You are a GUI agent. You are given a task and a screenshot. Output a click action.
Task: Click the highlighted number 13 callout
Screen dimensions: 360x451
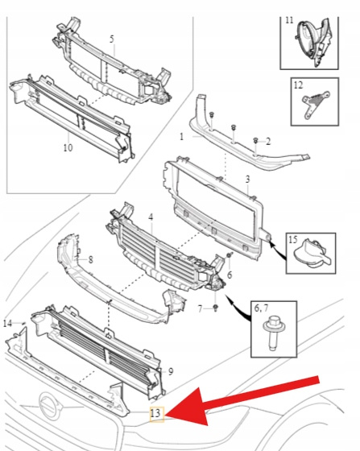click(x=157, y=414)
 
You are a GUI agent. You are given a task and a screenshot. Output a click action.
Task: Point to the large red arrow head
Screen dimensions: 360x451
click(x=190, y=408)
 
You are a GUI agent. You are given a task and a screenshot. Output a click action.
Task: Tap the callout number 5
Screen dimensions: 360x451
click(x=112, y=39)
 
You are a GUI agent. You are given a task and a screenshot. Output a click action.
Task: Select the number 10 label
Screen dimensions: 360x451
click(x=68, y=148)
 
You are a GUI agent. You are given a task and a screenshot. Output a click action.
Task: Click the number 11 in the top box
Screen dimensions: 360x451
click(x=289, y=20)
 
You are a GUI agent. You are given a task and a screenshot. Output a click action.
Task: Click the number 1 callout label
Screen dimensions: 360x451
click(x=181, y=137)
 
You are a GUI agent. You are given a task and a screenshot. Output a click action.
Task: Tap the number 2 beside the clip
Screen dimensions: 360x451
click(x=268, y=142)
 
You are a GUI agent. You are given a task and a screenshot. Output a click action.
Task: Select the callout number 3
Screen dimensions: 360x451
click(x=247, y=179)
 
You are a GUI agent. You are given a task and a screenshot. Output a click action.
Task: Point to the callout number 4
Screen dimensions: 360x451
click(x=151, y=217)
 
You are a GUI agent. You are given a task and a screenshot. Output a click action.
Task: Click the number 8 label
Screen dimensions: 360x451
click(x=90, y=260)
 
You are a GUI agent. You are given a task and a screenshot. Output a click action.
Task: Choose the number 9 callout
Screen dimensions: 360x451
click(x=171, y=371)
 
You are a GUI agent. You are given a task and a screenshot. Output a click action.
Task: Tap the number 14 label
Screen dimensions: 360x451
click(x=8, y=324)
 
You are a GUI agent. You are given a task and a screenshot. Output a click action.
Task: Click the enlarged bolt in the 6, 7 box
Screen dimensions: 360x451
click(x=274, y=333)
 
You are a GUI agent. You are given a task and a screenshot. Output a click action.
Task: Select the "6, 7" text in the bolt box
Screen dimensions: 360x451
click(x=261, y=308)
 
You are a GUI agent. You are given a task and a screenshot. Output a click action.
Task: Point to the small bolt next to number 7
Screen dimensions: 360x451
click(x=215, y=308)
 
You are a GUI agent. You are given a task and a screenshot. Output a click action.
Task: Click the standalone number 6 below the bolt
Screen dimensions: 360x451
click(x=230, y=275)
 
